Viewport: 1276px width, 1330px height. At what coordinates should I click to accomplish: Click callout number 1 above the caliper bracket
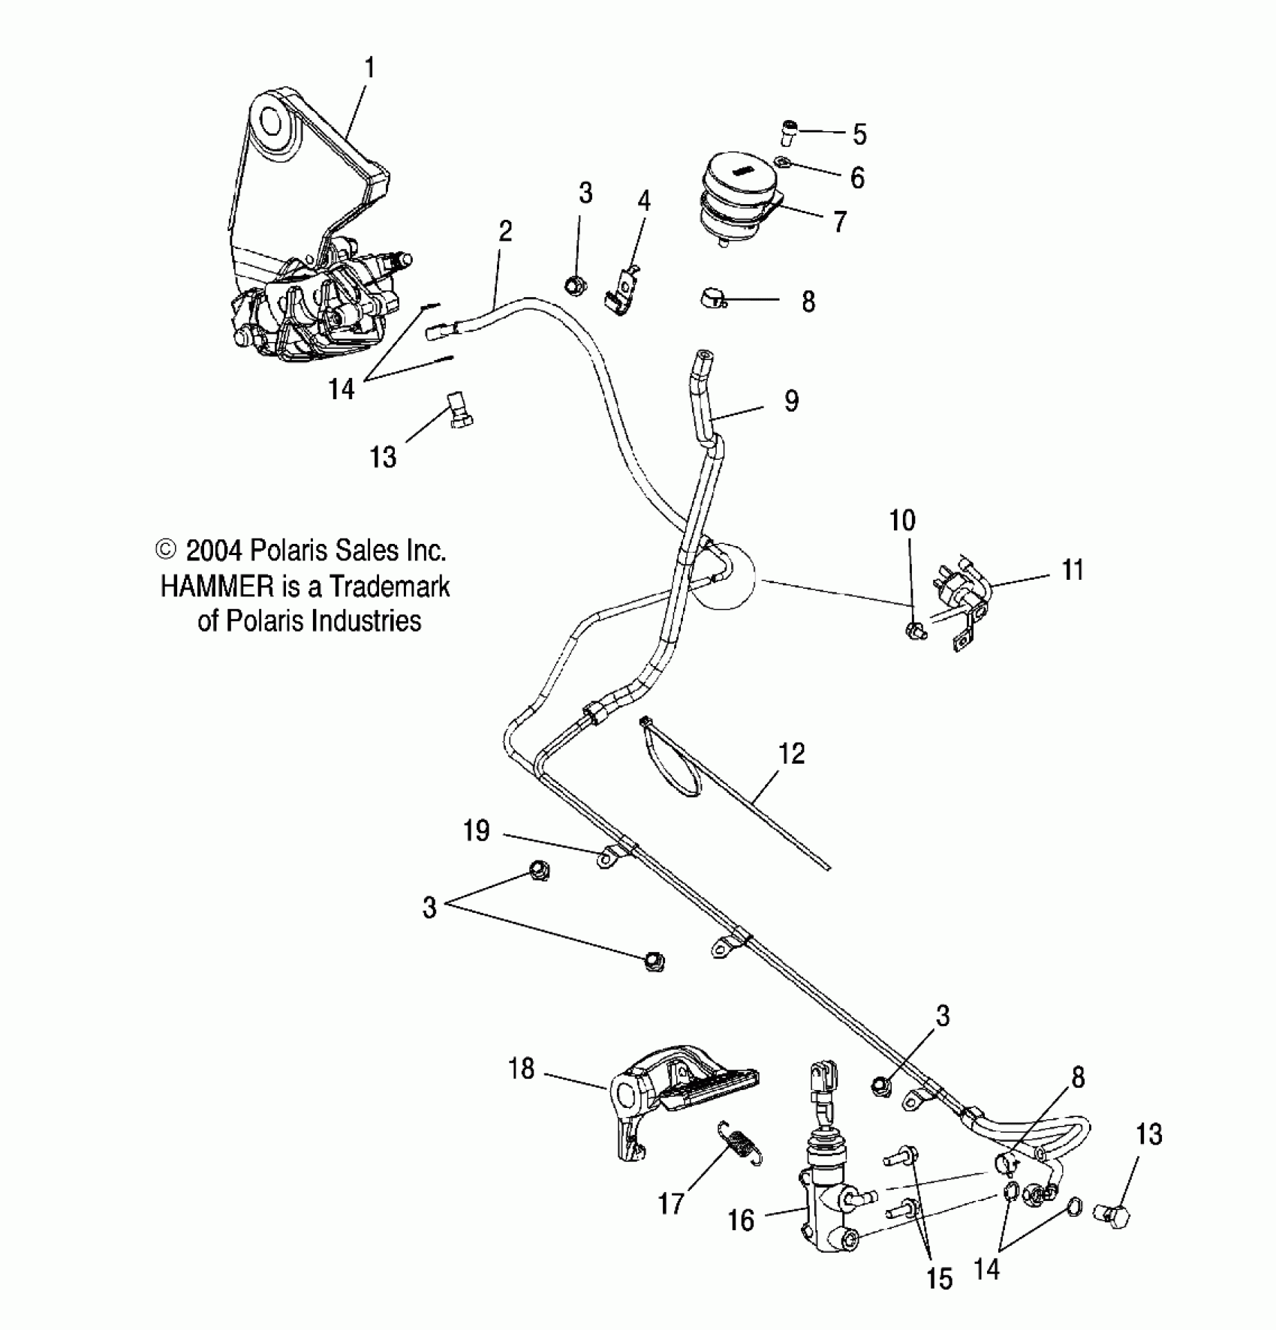(369, 69)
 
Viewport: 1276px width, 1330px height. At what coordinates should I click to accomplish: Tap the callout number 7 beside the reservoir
(839, 221)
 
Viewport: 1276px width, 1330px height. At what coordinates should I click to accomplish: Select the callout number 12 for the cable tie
(792, 753)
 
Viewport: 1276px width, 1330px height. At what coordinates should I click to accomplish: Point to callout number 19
(477, 831)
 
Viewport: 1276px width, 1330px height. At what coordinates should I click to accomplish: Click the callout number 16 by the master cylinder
(741, 1220)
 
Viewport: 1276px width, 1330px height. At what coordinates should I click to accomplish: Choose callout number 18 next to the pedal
(522, 1068)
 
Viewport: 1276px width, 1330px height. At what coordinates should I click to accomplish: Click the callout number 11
(1073, 570)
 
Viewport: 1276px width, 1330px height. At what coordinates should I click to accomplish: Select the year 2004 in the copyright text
(213, 551)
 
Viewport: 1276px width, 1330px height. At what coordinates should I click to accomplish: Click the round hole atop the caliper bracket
(268, 120)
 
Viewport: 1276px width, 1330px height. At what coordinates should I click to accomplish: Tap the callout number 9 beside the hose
(791, 401)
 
